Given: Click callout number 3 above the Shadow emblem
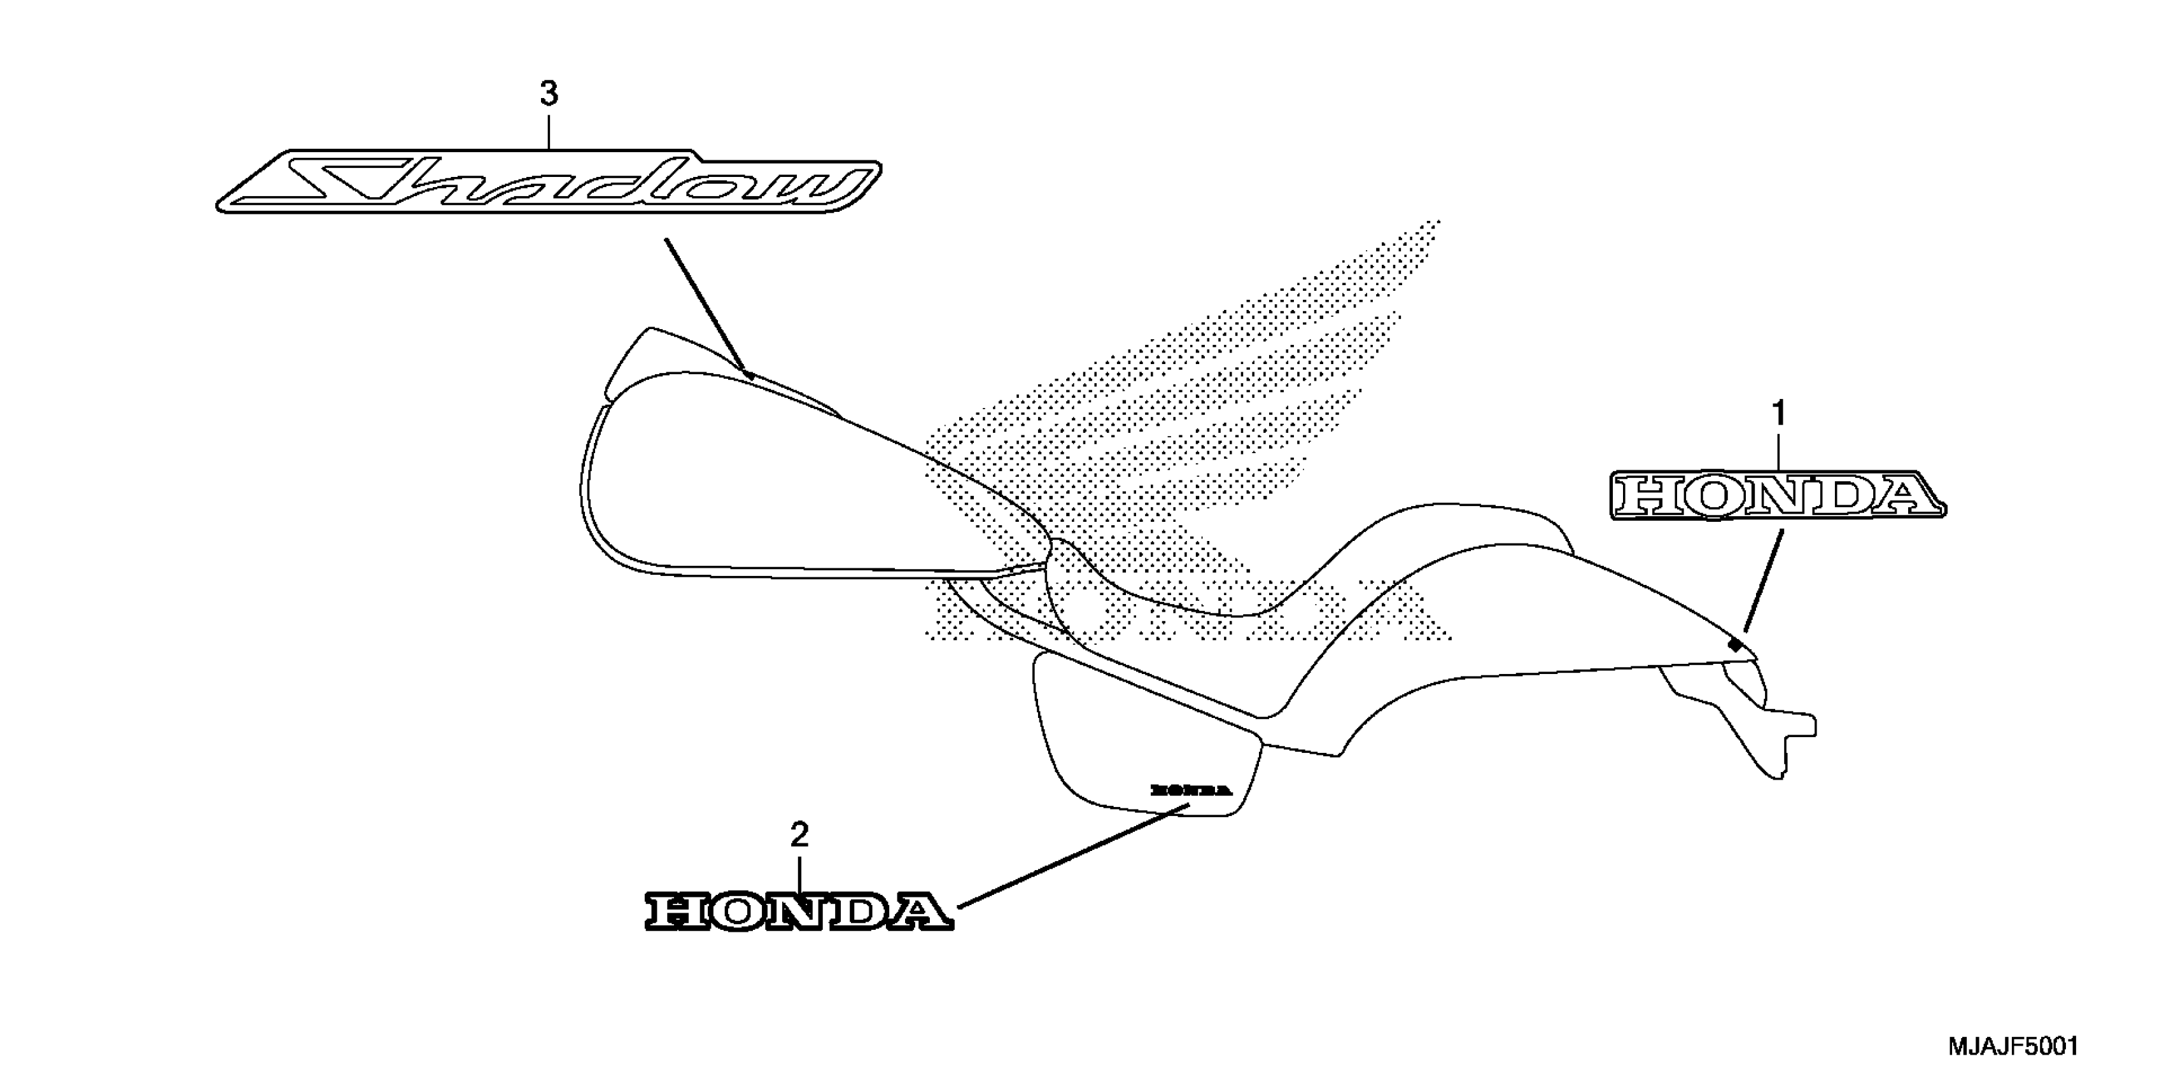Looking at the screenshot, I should click(549, 94).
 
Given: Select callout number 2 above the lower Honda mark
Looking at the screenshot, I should click(799, 834).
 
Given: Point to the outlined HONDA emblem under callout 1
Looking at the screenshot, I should click(1777, 495).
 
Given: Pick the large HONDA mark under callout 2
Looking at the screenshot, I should click(799, 911).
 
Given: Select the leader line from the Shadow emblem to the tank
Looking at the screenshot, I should click(706, 307).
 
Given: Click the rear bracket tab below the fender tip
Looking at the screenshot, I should click(1789, 739).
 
